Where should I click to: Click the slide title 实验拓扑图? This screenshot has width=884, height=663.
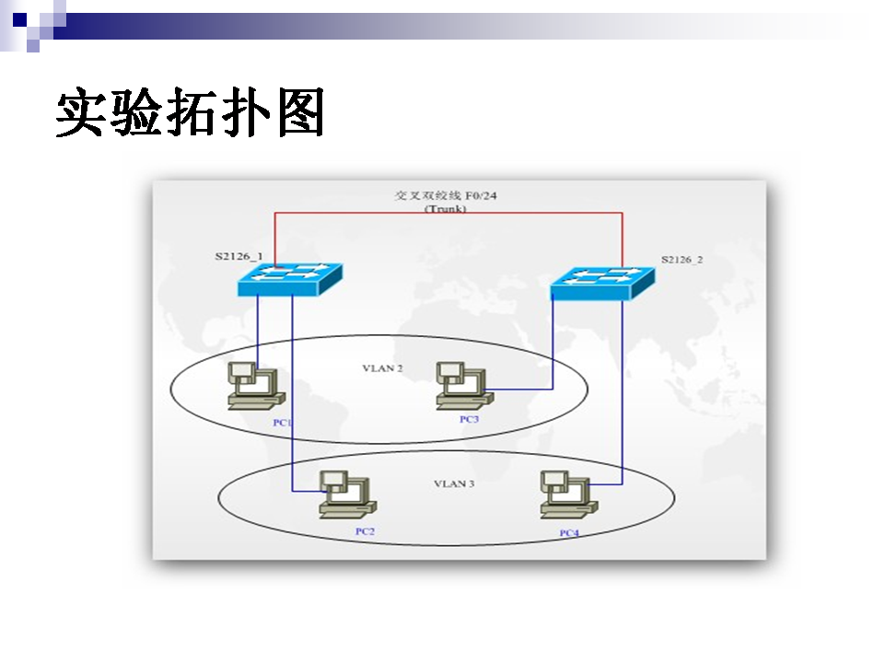click(x=191, y=114)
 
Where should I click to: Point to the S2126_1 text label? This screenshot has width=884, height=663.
click(x=238, y=255)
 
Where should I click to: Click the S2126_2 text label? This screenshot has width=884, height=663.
click(x=681, y=260)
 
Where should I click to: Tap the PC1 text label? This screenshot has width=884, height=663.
click(x=282, y=423)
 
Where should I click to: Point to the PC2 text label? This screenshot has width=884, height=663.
click(x=365, y=532)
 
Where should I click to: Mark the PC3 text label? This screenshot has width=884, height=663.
click(x=469, y=420)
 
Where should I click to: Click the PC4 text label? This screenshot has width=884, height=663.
click(x=569, y=533)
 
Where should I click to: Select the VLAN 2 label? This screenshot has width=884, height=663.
click(x=382, y=368)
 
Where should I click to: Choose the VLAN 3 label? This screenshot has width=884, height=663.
click(x=454, y=483)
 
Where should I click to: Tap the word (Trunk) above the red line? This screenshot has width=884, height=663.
click(x=446, y=209)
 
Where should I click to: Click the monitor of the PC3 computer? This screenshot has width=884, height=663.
click(x=451, y=371)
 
